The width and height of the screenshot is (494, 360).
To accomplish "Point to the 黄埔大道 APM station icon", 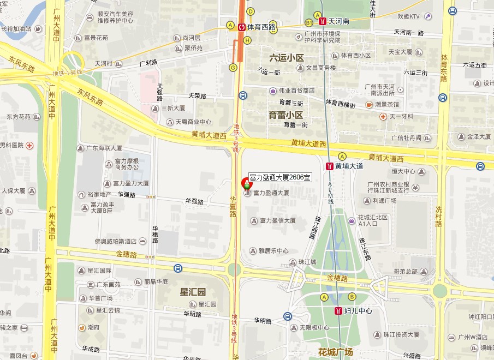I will tap(329, 166).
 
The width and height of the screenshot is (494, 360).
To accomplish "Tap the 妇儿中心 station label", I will tap(358, 311).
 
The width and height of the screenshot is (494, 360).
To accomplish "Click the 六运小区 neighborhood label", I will tap(286, 58).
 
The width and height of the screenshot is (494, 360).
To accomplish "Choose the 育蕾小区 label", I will tap(285, 115).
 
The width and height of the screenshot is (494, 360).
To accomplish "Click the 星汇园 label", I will tap(194, 292).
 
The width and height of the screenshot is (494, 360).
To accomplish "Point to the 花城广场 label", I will tap(336, 351).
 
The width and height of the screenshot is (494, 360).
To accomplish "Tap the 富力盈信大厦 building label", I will tap(278, 221).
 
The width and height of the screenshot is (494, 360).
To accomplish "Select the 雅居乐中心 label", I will tap(274, 251).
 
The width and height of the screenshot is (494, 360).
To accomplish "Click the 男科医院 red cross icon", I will tap(28, 146).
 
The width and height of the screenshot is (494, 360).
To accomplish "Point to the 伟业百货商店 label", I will tap(296, 91).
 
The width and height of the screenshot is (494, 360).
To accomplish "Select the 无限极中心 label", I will tap(314, 328).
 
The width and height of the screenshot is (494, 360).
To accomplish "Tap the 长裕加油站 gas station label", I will tap(16, 29).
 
